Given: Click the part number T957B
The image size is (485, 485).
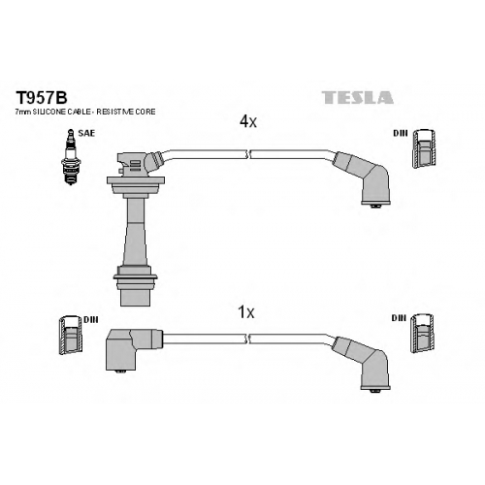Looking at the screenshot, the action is click(42, 97).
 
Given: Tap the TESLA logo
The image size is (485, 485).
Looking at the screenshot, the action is click(358, 97).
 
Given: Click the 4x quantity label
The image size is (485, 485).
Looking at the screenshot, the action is click(248, 121).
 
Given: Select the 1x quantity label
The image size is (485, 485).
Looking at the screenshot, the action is click(246, 312).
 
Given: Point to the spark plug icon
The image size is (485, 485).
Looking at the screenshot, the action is click(71, 157).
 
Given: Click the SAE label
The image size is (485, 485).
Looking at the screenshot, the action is click(86, 133).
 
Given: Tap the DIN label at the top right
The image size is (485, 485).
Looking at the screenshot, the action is click(401, 133).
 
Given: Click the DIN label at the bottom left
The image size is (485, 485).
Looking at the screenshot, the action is click(91, 319).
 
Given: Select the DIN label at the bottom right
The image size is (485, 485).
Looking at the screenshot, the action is click(399, 318).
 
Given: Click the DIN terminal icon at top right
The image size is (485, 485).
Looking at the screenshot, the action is click(424, 148).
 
